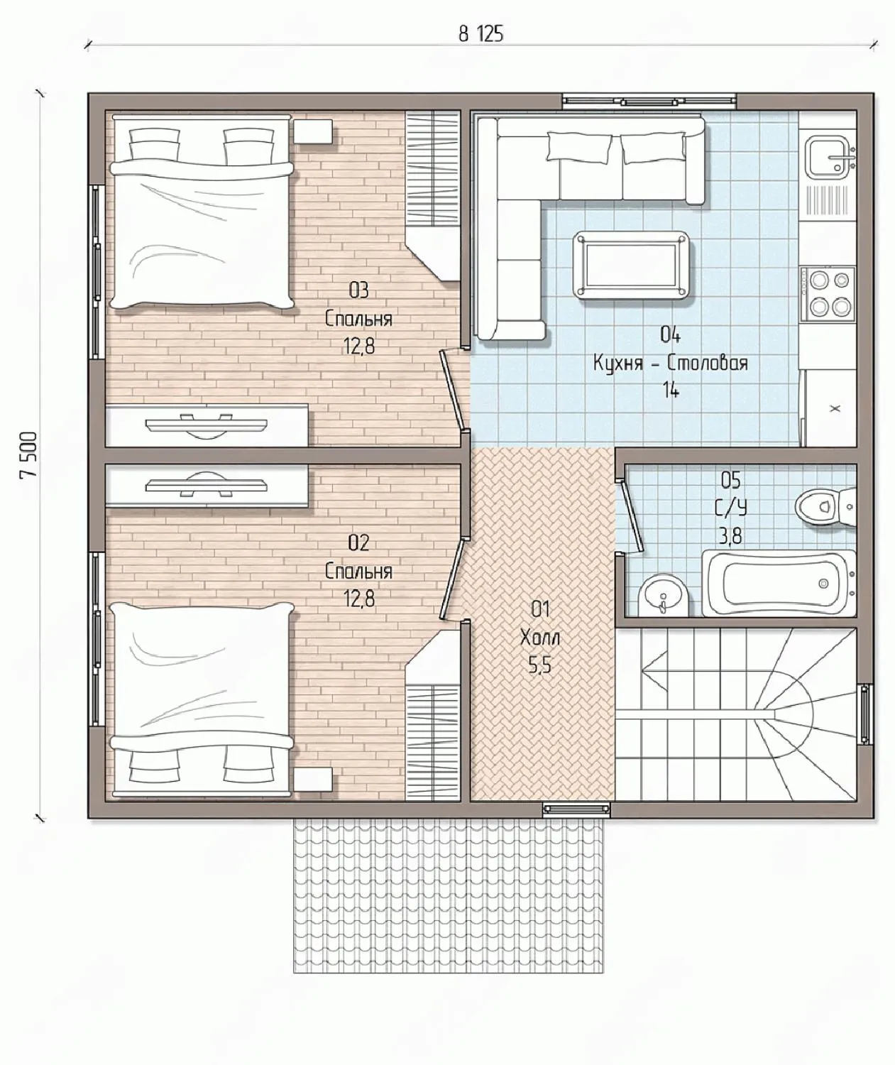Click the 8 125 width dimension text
(481, 34)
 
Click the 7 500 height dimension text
(29, 455)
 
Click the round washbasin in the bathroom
(663, 598)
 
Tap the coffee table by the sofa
(633, 264)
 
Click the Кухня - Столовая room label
(670, 363)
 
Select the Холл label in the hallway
(540, 638)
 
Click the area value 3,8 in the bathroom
(731, 536)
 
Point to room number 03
(358, 290)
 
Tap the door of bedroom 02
(452, 581)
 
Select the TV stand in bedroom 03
(207, 425)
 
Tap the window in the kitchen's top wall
(649, 101)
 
